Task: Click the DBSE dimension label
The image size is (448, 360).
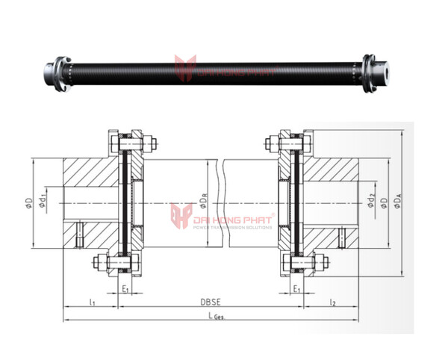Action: (209, 302)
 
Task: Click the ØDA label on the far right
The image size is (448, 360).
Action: (399, 202)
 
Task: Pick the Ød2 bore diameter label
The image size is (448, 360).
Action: (371, 202)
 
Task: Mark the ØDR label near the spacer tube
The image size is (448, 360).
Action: (204, 201)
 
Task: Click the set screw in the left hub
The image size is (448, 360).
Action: (78, 236)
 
